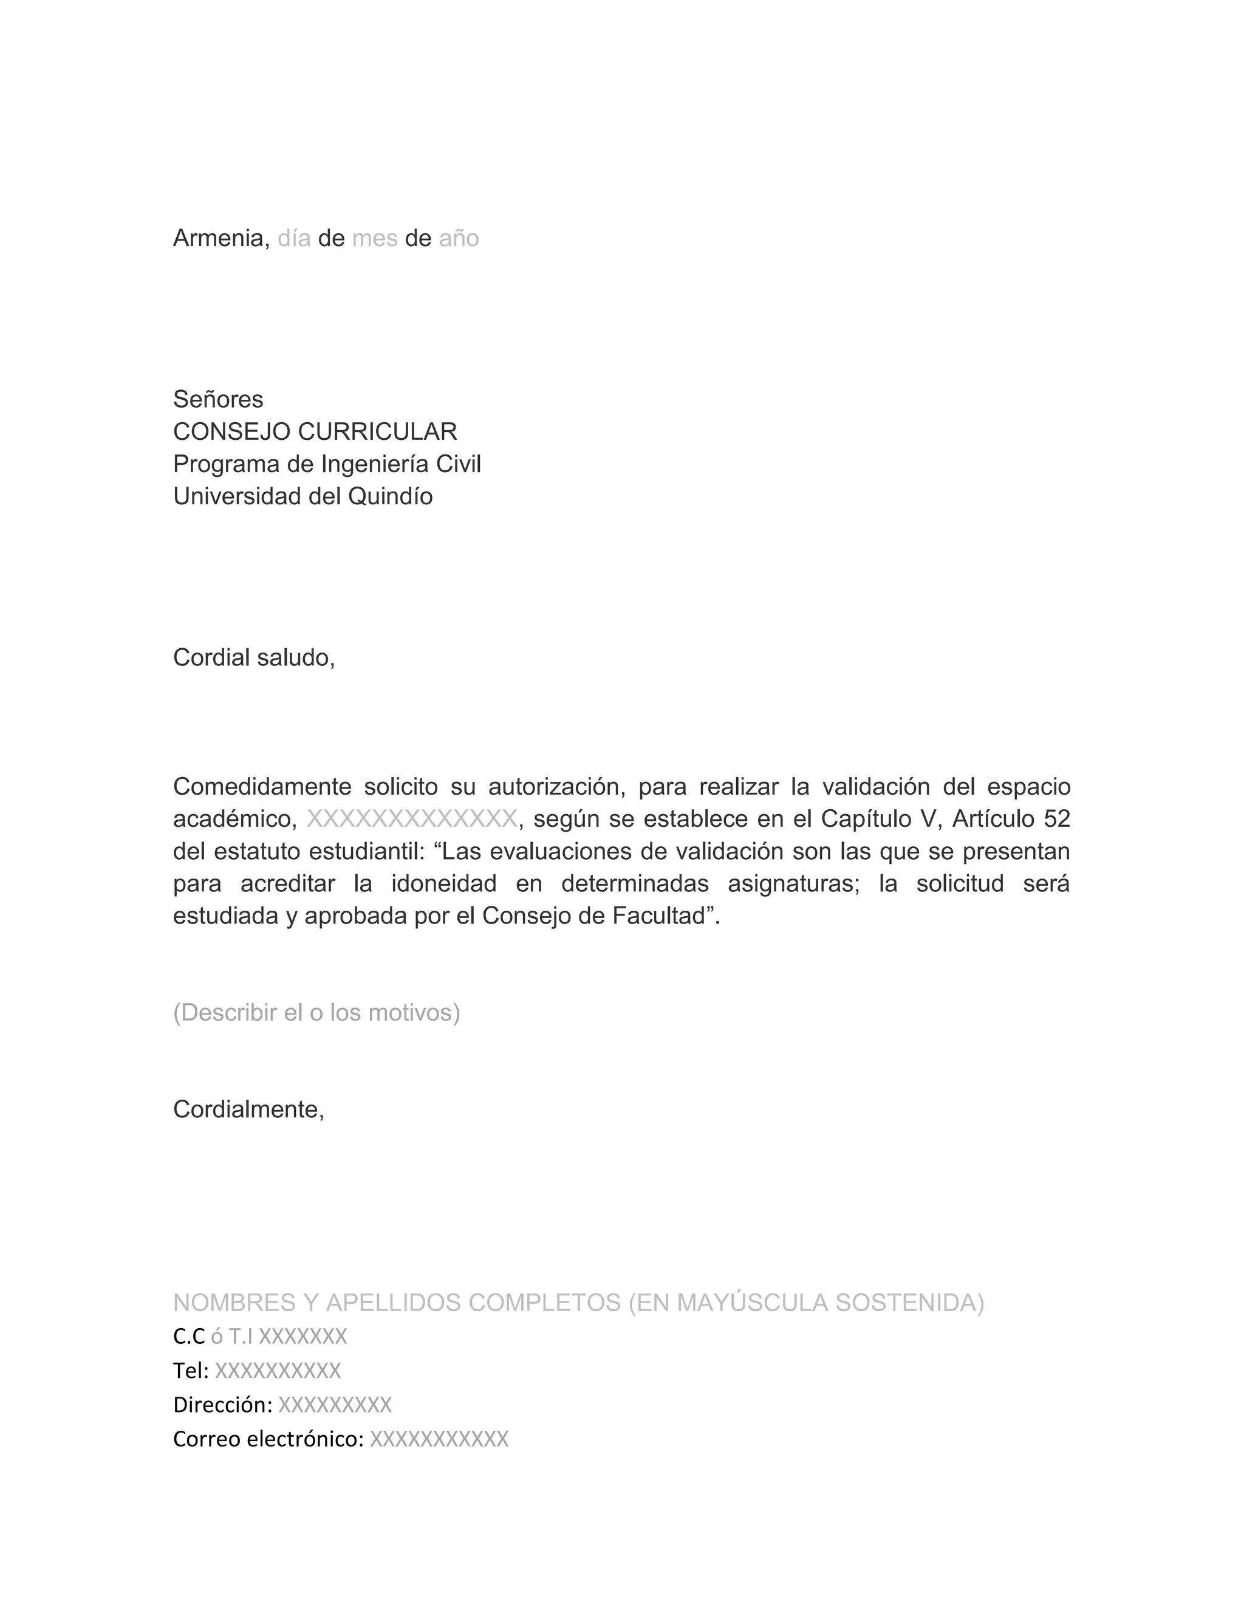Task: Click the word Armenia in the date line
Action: (x=218, y=239)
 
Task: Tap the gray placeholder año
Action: (x=459, y=239)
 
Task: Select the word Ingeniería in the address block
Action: (x=374, y=464)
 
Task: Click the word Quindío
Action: (x=390, y=497)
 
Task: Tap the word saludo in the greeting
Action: (x=293, y=657)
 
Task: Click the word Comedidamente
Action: (x=262, y=787)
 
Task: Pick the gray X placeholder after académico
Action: (x=411, y=820)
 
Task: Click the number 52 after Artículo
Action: (x=1057, y=820)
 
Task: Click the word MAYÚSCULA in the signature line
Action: (x=748, y=1304)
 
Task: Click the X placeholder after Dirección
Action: (x=335, y=1406)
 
